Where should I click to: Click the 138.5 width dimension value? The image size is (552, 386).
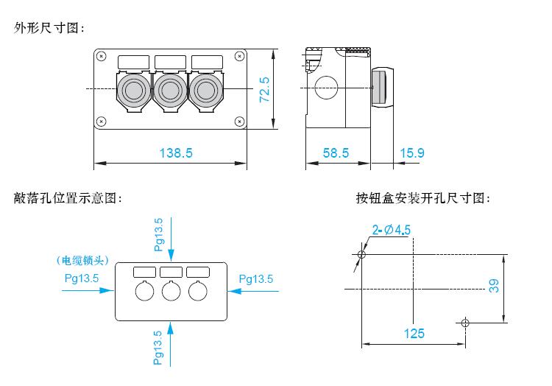pos(176,152)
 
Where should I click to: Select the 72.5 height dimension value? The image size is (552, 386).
pos(264,90)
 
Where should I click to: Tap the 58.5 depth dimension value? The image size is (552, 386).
pos(336,152)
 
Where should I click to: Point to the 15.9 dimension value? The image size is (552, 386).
pos(412,152)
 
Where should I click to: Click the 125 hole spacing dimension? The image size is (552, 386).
pos(414,333)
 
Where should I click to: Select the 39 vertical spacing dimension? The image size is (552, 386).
pos(494,286)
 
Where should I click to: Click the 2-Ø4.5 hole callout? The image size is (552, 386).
pos(392,230)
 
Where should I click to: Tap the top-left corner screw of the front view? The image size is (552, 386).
pos(102,56)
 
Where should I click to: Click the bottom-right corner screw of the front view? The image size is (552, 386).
pos(239,122)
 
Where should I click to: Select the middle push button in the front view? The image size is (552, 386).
pos(170,90)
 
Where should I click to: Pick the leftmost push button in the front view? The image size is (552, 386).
pos(134,90)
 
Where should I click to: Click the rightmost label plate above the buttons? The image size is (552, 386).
pos(207,62)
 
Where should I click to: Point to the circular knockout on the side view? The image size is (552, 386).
pos(326,88)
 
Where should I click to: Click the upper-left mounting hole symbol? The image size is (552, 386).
pos(361,254)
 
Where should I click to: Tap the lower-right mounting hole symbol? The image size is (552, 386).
pos(465,323)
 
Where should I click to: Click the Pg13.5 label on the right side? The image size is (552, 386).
pos(256,279)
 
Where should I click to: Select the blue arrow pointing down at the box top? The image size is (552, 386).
pos(171,239)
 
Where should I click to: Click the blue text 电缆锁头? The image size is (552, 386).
pos(82,260)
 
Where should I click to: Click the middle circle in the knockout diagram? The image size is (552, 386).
pos(171,291)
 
